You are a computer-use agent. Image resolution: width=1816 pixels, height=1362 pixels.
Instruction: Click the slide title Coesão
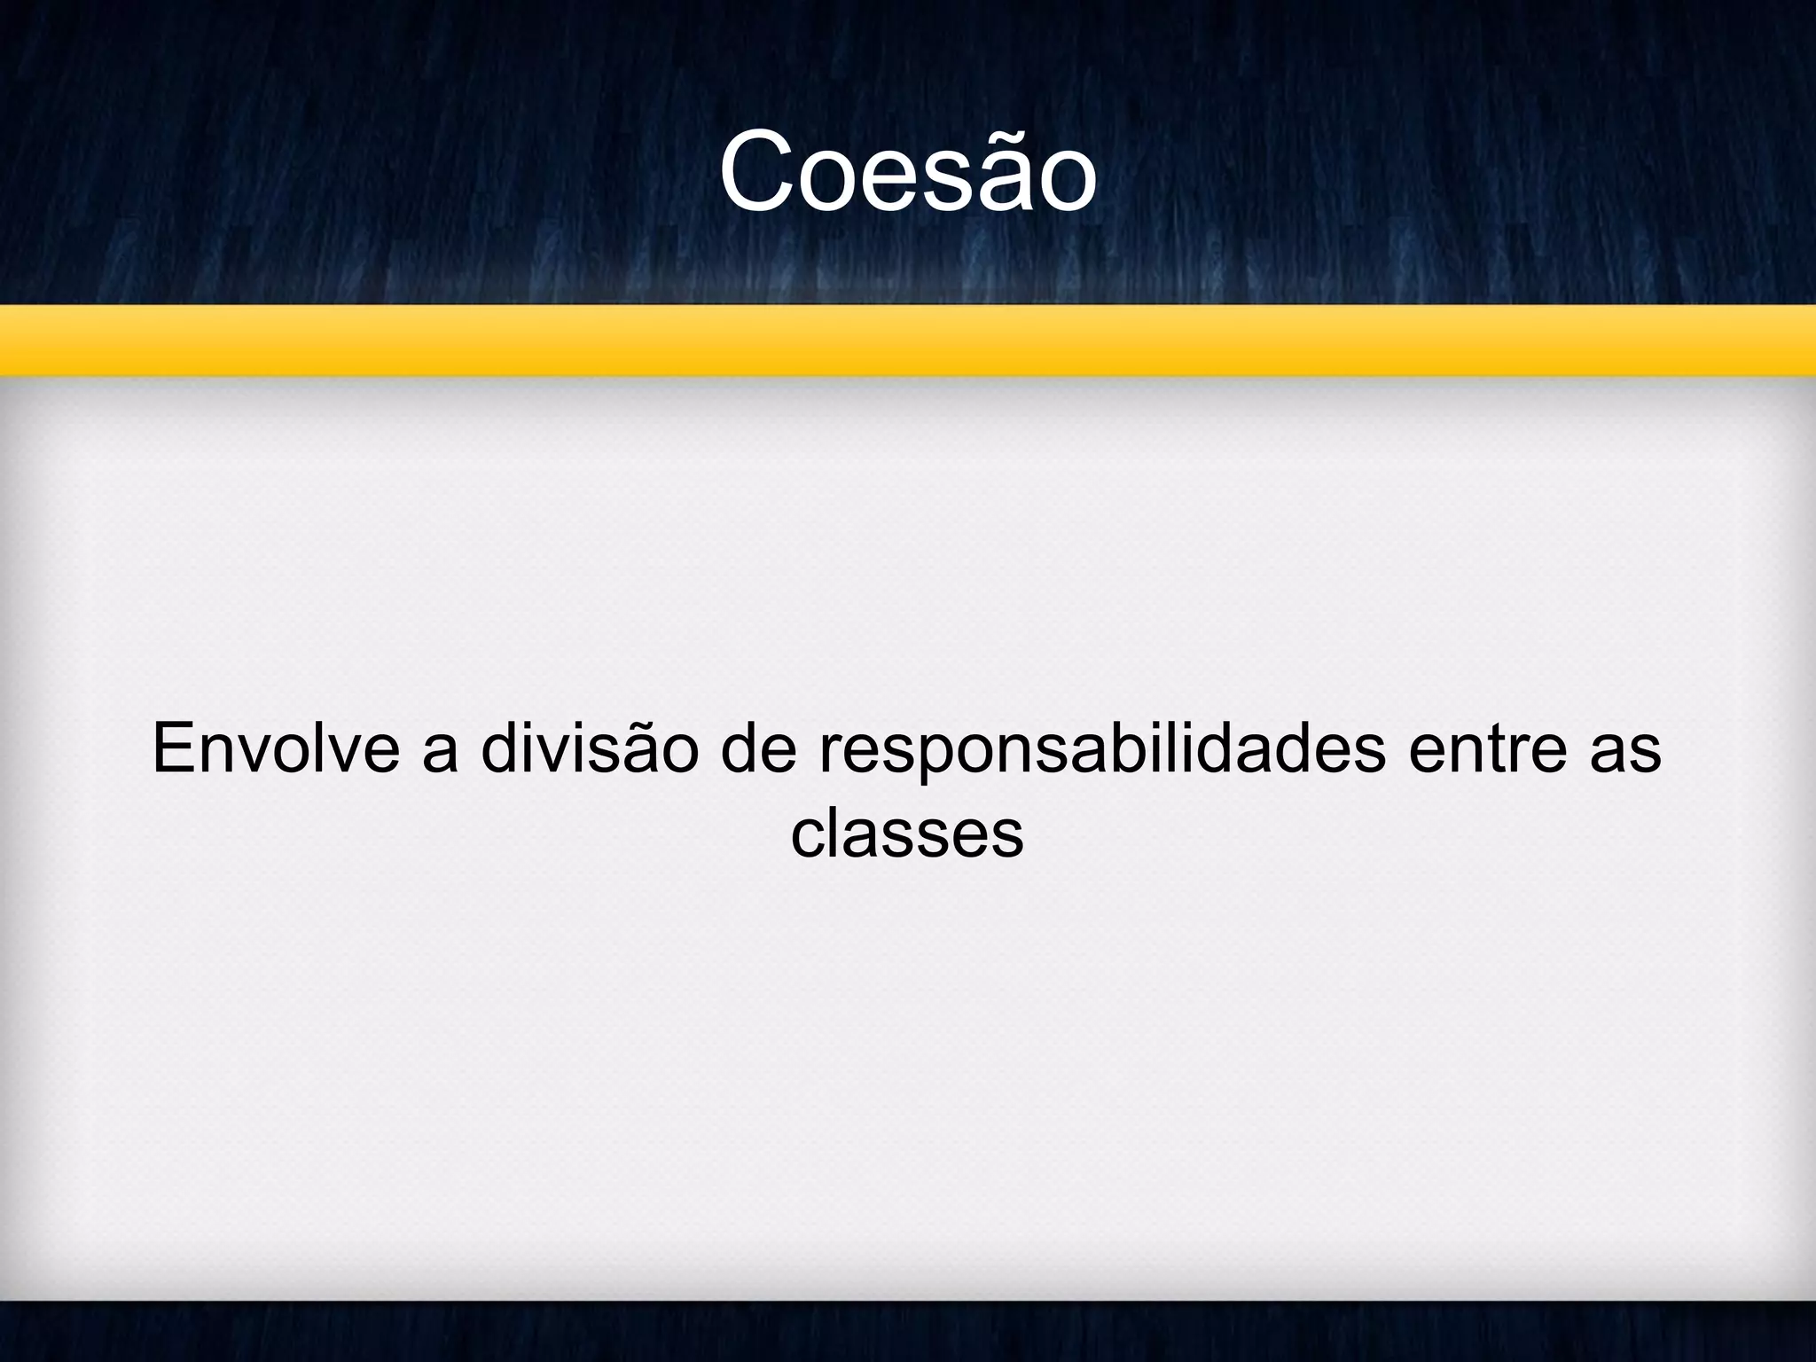click(908, 173)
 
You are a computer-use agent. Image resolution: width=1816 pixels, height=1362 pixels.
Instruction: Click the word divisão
click(590, 749)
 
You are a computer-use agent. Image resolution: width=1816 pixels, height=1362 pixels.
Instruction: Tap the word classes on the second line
click(907, 835)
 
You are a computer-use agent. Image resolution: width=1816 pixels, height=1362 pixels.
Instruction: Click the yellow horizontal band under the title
click(908, 341)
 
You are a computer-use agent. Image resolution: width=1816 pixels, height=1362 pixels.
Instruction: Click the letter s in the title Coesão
click(930, 182)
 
